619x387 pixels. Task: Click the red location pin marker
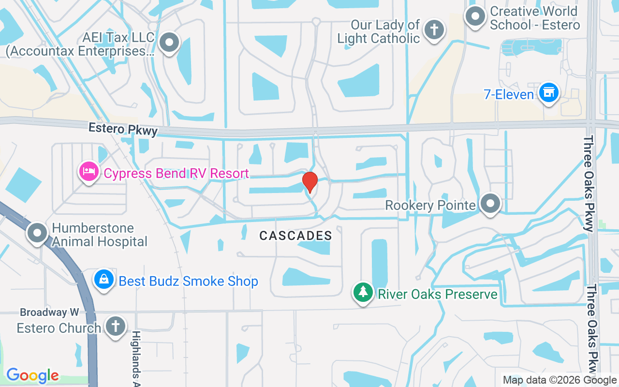[x=309, y=182]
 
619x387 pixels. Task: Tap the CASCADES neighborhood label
[x=295, y=236]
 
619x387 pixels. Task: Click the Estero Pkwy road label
[x=123, y=129]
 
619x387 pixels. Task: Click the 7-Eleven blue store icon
[x=548, y=92]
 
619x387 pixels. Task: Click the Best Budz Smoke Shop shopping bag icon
[x=103, y=280]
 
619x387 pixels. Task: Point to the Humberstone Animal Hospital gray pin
[x=37, y=233]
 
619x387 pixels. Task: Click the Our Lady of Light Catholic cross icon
[x=434, y=30]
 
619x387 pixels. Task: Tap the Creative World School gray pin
[x=475, y=16]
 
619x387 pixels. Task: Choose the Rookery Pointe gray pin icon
[x=490, y=204]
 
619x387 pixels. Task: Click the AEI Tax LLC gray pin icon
[x=169, y=43]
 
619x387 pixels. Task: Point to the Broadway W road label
[x=49, y=313]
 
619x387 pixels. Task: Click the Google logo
[x=32, y=375]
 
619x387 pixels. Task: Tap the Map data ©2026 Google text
[x=560, y=380]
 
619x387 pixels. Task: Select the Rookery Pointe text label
[x=430, y=205]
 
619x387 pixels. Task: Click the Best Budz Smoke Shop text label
[x=188, y=281]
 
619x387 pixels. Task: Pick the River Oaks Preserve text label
[x=437, y=294]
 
